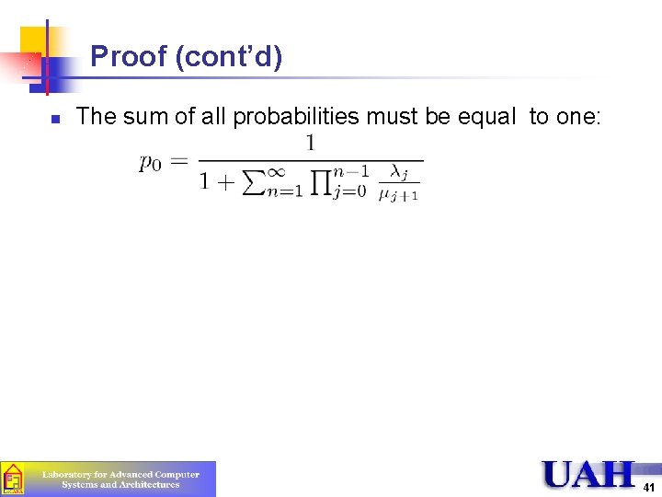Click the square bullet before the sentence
[55, 119]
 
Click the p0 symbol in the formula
[150, 163]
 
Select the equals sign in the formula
[179, 162]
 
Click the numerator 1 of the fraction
[310, 143]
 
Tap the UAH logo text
[588, 475]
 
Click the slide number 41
[649, 488]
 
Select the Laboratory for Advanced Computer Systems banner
[108, 479]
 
